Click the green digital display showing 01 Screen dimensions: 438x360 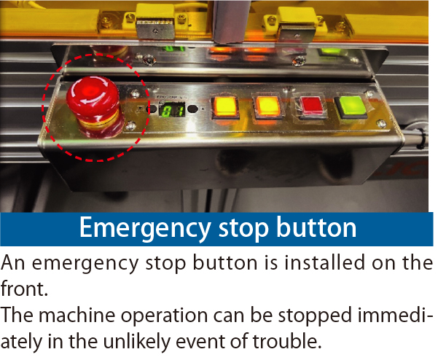(x=172, y=110)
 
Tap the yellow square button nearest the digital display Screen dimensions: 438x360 (x=225, y=108)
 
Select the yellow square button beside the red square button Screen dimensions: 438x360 (x=267, y=108)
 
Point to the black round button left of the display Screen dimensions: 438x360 (x=152, y=109)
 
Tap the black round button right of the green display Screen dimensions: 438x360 (x=192, y=109)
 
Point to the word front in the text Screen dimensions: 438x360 (x=24, y=289)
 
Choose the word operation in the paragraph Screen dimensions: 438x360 (x=164, y=316)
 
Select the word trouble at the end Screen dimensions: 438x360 (x=287, y=342)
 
